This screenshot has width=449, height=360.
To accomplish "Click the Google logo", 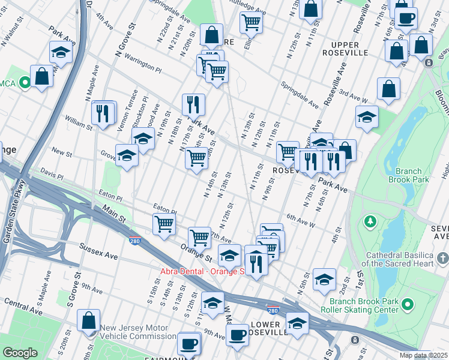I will point(19,353).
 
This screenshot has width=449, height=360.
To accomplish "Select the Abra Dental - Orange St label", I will point(203,271).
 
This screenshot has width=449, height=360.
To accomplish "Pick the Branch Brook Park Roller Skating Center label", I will point(359,305).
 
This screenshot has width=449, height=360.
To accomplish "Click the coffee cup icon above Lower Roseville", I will point(238,334).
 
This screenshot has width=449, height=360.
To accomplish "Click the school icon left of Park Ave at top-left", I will point(61,53).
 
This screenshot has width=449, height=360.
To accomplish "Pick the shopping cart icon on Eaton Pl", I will point(164,224).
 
